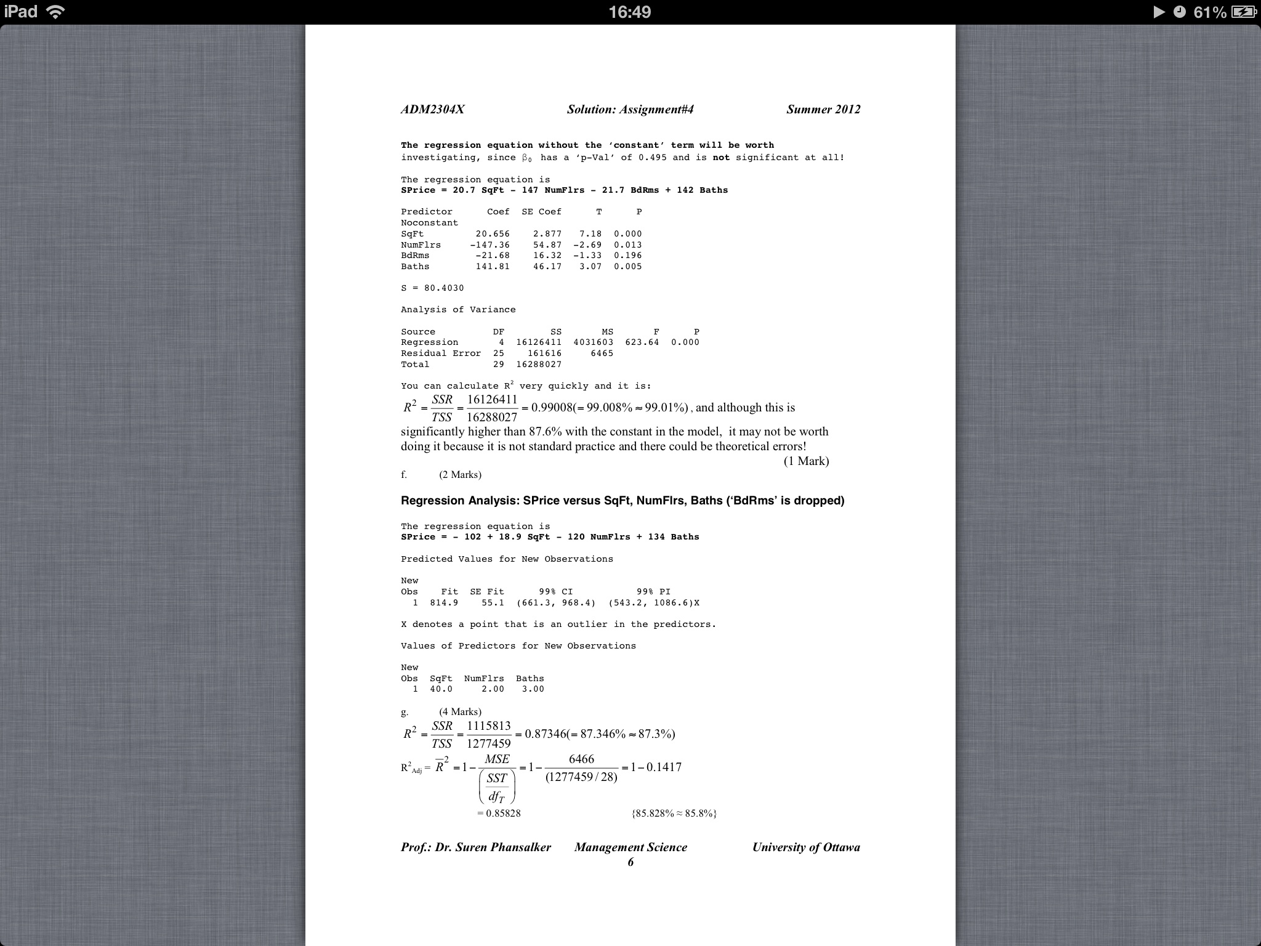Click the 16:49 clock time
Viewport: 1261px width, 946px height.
click(629, 12)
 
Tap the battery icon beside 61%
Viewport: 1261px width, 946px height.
click(1243, 12)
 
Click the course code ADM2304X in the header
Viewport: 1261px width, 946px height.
click(432, 110)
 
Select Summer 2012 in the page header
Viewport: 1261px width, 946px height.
click(823, 110)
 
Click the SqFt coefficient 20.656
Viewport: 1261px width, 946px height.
click(493, 234)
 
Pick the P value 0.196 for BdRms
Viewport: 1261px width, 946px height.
click(627, 256)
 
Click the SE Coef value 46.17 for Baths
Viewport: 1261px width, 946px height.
click(547, 267)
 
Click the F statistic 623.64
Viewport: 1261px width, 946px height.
click(642, 342)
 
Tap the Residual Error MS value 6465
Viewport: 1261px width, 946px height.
click(602, 354)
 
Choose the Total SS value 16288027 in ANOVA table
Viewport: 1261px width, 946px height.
click(539, 365)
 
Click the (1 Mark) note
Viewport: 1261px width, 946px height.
click(806, 461)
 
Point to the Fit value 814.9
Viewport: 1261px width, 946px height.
click(444, 603)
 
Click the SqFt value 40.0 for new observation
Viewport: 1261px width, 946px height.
click(441, 689)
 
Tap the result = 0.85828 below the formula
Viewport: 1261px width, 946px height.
click(499, 814)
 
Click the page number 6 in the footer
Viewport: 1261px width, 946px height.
click(630, 862)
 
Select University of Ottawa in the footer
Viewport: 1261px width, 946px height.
click(806, 847)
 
